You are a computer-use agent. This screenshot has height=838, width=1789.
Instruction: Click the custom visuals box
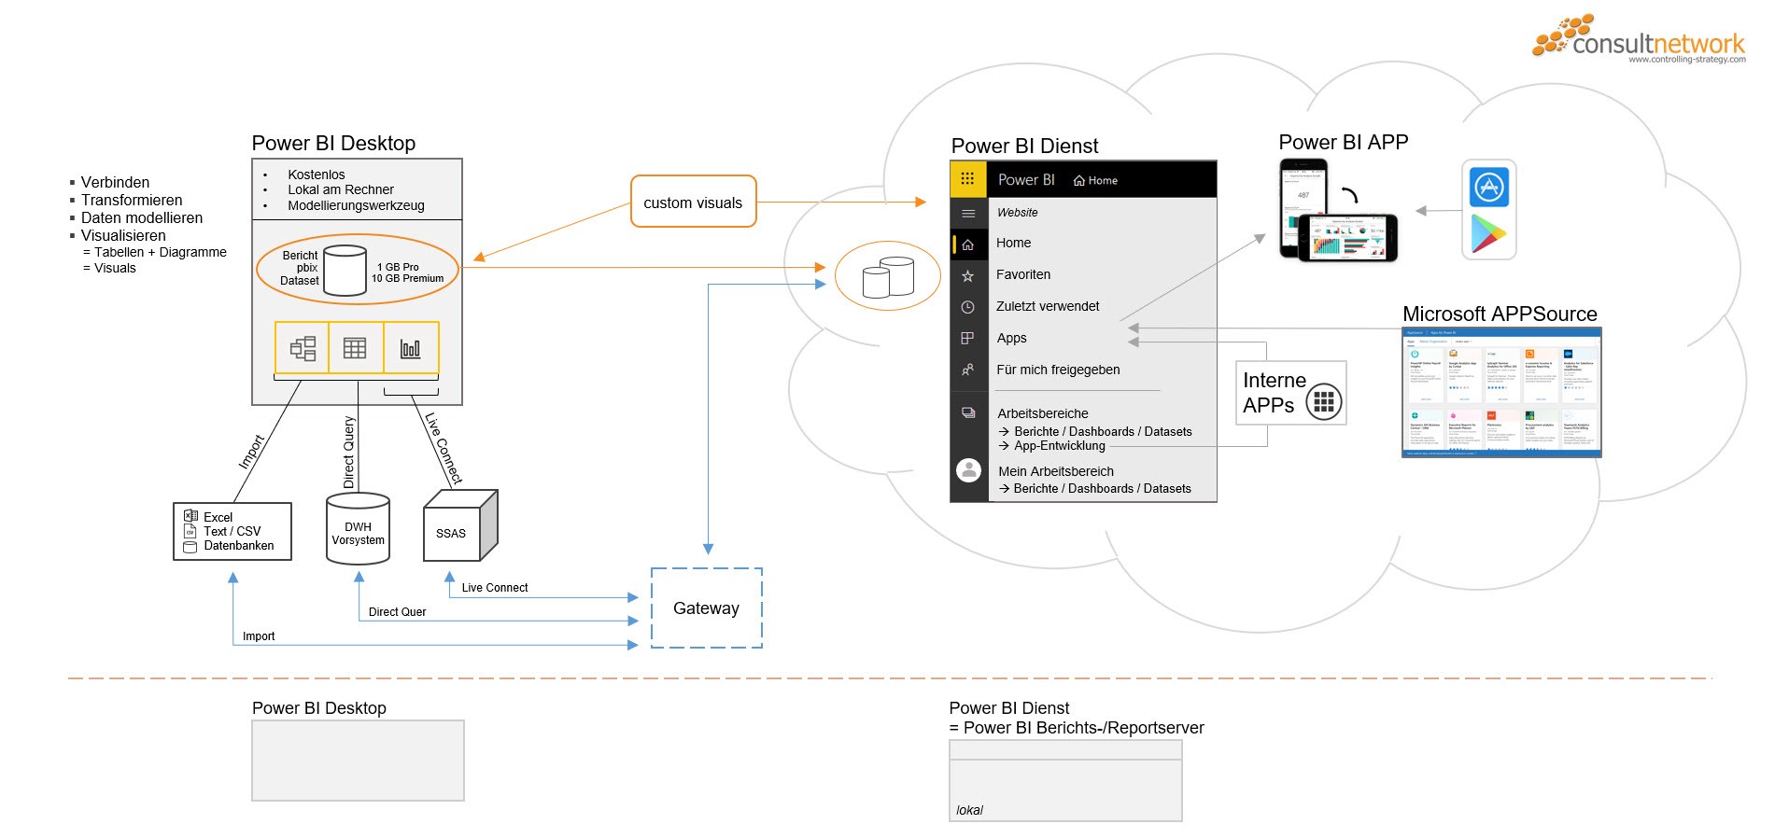pyautogui.click(x=693, y=202)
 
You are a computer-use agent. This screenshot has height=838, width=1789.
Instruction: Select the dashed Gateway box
pyautogui.click(x=706, y=608)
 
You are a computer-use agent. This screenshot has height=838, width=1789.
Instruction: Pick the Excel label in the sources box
pyautogui.click(x=218, y=517)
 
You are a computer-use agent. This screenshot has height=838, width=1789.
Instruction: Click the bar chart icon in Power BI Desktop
pyautogui.click(x=410, y=348)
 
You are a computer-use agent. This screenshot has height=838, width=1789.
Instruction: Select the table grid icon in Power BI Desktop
pyautogui.click(x=355, y=348)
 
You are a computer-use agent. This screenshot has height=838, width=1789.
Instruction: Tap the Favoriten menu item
pyautogui.click(x=1023, y=274)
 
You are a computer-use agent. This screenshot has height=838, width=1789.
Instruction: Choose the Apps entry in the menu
pyautogui.click(x=1011, y=338)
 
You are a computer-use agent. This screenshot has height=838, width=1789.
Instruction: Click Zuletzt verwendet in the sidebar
pyautogui.click(x=1048, y=306)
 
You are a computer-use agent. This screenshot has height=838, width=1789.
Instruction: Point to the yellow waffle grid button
pyautogui.click(x=967, y=179)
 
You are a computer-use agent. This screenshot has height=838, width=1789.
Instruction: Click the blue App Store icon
pyautogui.click(x=1489, y=188)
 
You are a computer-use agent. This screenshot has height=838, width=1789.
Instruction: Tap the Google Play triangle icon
pyautogui.click(x=1488, y=234)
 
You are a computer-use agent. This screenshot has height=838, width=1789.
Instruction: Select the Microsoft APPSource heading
pyautogui.click(x=1500, y=314)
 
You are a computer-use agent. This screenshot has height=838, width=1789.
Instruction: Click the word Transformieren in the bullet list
pyautogui.click(x=132, y=200)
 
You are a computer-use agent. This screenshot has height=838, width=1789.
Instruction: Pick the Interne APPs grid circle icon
pyautogui.click(x=1323, y=402)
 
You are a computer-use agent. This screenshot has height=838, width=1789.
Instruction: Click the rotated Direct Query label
pyautogui.click(x=350, y=452)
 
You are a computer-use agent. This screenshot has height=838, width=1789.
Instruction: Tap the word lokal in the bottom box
pyautogui.click(x=969, y=810)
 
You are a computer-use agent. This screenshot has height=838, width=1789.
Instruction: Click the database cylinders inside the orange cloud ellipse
pyautogui.click(x=888, y=277)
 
